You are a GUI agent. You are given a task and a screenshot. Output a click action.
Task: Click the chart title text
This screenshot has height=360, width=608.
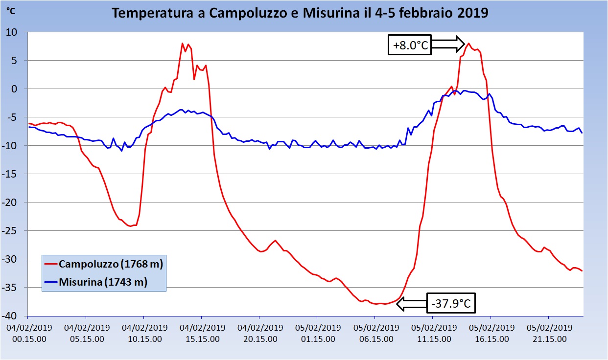pos(300,13)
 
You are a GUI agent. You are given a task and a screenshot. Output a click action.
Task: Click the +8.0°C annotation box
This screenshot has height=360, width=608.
pos(410,46)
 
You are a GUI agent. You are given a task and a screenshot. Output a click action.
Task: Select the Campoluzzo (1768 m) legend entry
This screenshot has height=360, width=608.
pos(111,264)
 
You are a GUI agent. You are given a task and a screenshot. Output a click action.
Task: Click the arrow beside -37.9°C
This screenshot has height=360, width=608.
pos(411,304)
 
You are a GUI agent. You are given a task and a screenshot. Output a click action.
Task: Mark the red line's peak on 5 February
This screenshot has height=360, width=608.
pos(468,43)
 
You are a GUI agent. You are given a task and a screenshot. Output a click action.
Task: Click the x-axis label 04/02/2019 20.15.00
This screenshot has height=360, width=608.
pos(259,333)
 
